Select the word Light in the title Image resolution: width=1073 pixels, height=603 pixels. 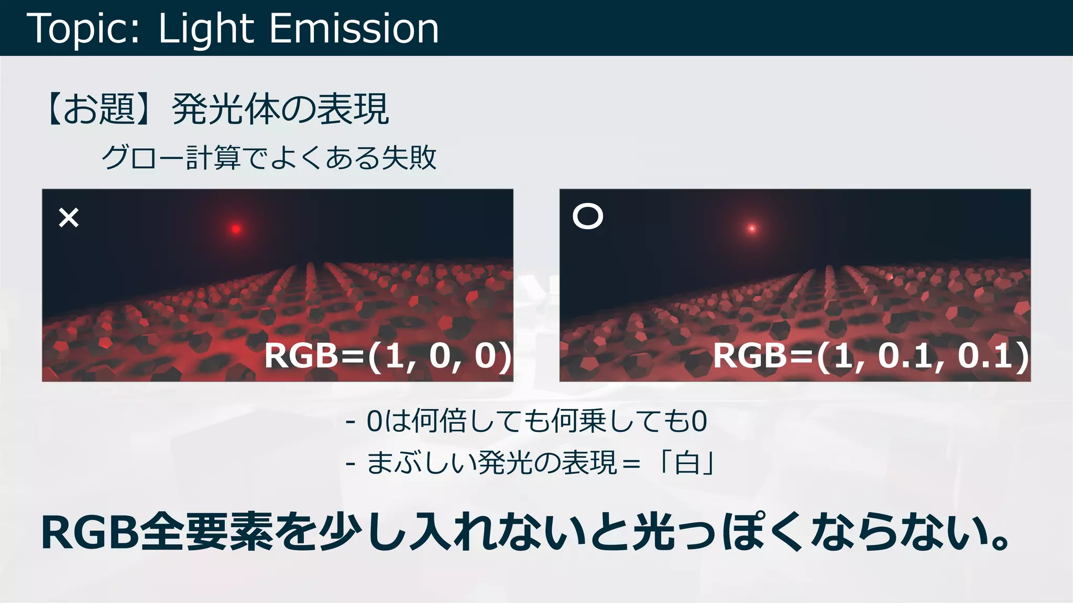[x=206, y=29]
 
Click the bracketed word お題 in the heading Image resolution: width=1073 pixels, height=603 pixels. [x=99, y=109]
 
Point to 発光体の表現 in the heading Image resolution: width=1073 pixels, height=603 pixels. [x=280, y=109]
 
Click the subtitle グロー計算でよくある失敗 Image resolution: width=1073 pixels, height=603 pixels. [x=269, y=158]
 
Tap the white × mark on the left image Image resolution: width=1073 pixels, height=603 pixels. [x=69, y=218]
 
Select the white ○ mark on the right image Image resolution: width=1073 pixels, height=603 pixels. [x=588, y=216]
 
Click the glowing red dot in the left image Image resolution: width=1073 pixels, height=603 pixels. [x=236, y=229]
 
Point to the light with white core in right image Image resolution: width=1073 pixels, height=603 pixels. [x=752, y=228]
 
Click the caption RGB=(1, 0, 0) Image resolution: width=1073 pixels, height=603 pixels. [x=388, y=356]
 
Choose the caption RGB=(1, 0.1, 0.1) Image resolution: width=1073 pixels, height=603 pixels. [x=871, y=356]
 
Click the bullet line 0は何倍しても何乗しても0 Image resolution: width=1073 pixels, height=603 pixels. [x=536, y=421]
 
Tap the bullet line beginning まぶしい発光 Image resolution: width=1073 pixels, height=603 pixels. [x=540, y=463]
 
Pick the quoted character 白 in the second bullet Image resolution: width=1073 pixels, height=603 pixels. [x=687, y=463]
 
